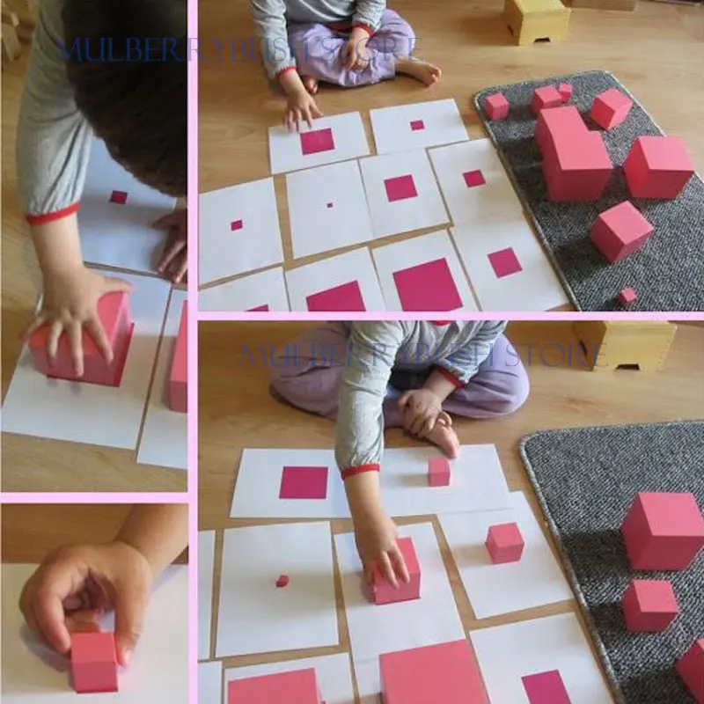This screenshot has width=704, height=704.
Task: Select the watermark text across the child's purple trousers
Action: [x=422, y=355]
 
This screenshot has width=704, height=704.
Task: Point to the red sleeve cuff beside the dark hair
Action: [x=53, y=213]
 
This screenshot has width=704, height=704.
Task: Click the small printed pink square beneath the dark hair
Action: [x=118, y=197]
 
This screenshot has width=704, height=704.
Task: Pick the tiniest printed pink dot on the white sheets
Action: [x=330, y=204]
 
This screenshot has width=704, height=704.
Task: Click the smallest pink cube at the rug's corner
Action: [x=627, y=297]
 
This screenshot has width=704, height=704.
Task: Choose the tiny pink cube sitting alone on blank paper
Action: [x=282, y=581]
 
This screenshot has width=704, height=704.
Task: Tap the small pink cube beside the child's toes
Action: [x=439, y=472]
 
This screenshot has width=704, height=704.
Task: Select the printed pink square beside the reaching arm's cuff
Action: [x=304, y=482]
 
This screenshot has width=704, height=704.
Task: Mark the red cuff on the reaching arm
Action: [x=360, y=471]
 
